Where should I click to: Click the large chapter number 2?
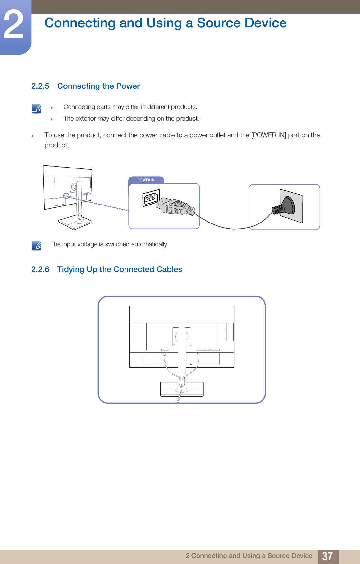coord(14,25)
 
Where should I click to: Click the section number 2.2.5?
coord(40,86)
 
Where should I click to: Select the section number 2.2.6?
coord(40,269)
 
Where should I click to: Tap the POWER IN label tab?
coord(146,180)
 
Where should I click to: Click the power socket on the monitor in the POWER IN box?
coord(151,198)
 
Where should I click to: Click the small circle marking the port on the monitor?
coord(66,196)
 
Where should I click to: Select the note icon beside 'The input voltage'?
coord(36,246)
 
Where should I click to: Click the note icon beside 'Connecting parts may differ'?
coord(36,108)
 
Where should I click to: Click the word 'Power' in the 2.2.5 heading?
coord(128,86)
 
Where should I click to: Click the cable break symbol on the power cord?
coord(232,229)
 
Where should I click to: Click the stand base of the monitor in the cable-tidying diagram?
coord(182,389)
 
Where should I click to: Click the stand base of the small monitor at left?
coord(75,223)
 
